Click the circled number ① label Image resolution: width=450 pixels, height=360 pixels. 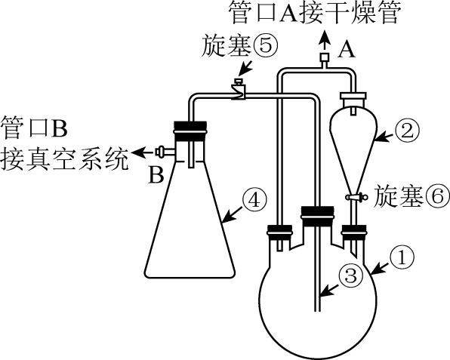pyautogui.click(x=402, y=257)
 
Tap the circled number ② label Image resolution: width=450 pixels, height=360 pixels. pyautogui.click(x=407, y=130)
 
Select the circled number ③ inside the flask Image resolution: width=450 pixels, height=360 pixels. pyautogui.click(x=350, y=275)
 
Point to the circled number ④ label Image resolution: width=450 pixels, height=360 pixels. pyautogui.click(x=254, y=200)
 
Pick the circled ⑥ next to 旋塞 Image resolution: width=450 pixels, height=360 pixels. pyautogui.click(x=437, y=196)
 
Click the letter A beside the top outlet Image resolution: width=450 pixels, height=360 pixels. pyautogui.click(x=346, y=49)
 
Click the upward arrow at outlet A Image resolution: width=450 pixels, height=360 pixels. pyautogui.click(x=325, y=40)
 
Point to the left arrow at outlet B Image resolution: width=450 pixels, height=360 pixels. pyautogui.click(x=143, y=152)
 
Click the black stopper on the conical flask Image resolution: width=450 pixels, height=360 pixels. pyautogui.click(x=190, y=131)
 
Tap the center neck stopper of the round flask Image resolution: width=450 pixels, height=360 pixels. pyautogui.click(x=317, y=217)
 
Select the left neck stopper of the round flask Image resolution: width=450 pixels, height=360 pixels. pyautogui.click(x=280, y=232)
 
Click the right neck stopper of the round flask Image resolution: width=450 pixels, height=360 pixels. pyautogui.click(x=354, y=232)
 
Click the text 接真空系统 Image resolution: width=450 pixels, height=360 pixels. pyautogui.click(x=64, y=158)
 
